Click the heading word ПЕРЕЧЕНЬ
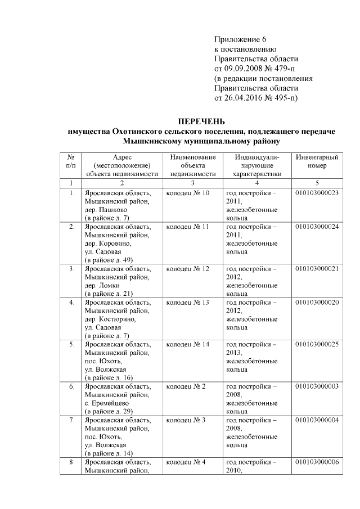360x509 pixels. pos(201,121)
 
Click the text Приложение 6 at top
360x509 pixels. pos(240,39)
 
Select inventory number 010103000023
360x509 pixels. pos(317,193)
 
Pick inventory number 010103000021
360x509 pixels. pos(317,269)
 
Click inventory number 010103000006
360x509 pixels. pos(317,462)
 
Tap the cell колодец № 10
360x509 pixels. pos(188,193)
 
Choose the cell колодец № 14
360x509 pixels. pos(188,344)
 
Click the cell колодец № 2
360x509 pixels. pos(186,387)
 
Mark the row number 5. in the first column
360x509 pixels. pos(71,344)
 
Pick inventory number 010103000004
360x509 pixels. pos(317,420)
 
